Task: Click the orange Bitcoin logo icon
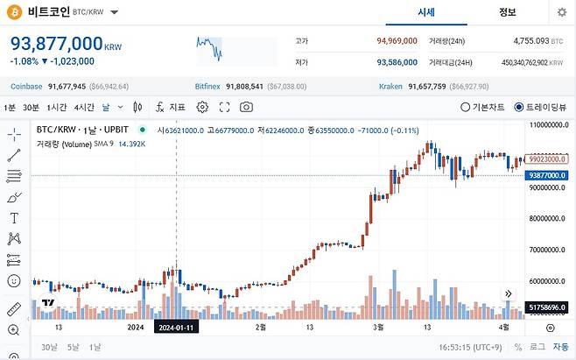click(x=15, y=12)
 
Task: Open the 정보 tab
click(x=507, y=12)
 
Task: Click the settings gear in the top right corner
click(x=561, y=12)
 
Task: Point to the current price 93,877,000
click(x=56, y=44)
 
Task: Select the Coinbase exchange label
click(x=27, y=87)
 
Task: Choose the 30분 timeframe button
click(x=31, y=107)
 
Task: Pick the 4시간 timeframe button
click(x=84, y=107)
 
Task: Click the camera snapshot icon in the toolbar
click(x=247, y=107)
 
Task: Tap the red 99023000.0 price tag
click(x=549, y=160)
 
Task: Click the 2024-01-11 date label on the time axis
click(x=177, y=327)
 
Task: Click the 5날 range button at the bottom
click(x=73, y=347)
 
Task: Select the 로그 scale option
click(x=536, y=347)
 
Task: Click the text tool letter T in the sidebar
click(x=14, y=217)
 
